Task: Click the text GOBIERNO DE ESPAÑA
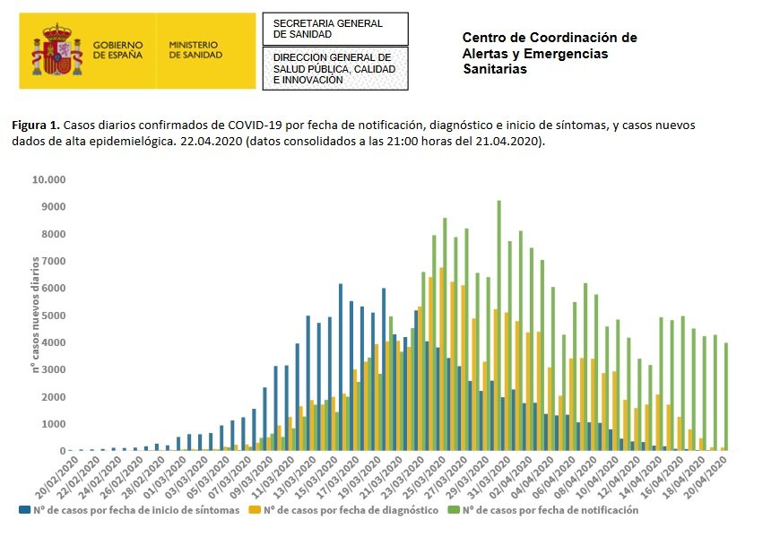point(117,48)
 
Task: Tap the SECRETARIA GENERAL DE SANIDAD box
point(334,29)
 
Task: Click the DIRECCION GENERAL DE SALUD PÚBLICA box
point(334,68)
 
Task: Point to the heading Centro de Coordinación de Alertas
point(549,53)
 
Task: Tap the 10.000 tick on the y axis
point(49,179)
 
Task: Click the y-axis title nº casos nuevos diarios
point(36,315)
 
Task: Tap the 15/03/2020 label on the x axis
point(316,479)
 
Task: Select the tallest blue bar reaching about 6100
point(341,367)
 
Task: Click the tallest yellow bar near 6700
point(441,359)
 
